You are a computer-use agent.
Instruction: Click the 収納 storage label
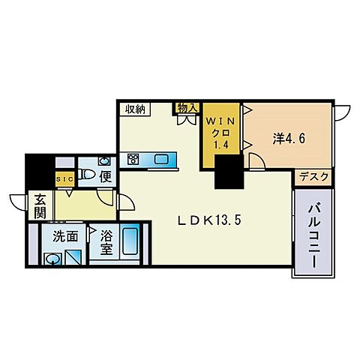[136, 109]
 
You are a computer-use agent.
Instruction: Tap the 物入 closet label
[186, 108]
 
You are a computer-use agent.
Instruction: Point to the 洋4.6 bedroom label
[288, 138]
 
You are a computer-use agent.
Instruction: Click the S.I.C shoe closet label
[64, 178]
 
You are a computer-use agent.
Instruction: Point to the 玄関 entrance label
[40, 207]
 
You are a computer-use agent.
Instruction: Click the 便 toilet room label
[106, 177]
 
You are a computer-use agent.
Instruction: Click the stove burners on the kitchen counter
[133, 159]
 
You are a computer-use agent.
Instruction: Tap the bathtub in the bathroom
[129, 243]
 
